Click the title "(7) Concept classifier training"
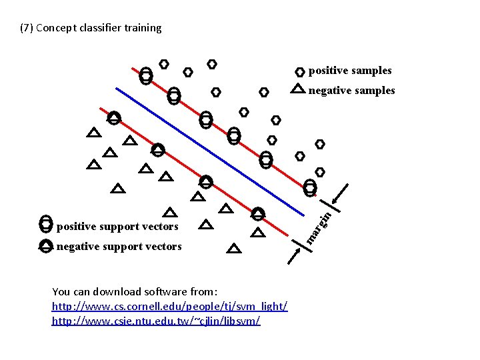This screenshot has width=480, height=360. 91,28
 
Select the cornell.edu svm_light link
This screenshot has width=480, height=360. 169,306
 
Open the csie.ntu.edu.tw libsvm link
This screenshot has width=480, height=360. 156,321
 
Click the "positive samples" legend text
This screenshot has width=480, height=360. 350,71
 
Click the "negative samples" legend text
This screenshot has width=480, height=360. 351,91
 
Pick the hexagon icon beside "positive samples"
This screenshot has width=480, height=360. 299,71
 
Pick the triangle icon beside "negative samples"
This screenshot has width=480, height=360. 298,89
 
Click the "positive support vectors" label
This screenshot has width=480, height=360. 117,227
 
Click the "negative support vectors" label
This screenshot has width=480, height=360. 119,247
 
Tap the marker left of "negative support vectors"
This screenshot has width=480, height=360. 45,246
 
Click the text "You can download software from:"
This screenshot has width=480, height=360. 135,291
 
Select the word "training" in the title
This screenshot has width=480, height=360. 142,28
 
